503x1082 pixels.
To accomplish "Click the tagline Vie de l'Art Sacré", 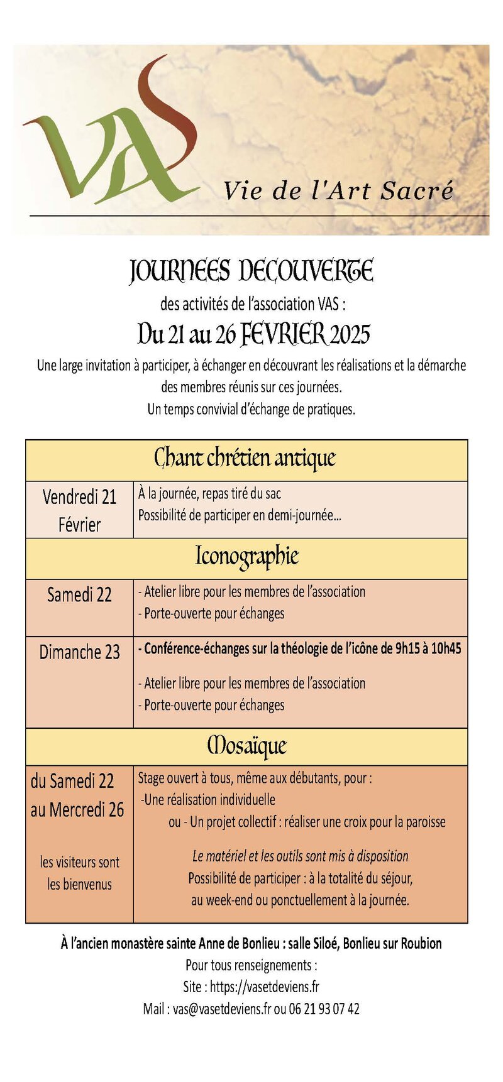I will (x=338, y=190).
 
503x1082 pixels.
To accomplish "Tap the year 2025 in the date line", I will (x=350, y=334).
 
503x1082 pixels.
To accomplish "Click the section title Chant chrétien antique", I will (x=245, y=459).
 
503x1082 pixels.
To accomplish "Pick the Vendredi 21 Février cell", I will (x=79, y=510).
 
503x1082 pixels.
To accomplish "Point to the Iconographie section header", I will (x=246, y=557).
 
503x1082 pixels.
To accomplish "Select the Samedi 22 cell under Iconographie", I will (x=79, y=594).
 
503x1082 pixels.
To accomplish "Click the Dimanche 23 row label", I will (x=79, y=652).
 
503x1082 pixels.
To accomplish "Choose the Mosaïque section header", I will (x=246, y=746).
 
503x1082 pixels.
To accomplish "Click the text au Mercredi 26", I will (x=77, y=810).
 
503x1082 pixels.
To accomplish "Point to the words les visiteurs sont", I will (x=79, y=862).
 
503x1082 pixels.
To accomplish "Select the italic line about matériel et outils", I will (x=300, y=856).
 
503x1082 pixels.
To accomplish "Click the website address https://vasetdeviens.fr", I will (x=264, y=986).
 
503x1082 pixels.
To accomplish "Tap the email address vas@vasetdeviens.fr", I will (x=222, y=1008).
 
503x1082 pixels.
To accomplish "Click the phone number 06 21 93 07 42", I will (x=324, y=1008).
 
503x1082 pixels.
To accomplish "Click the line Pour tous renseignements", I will (x=251, y=965).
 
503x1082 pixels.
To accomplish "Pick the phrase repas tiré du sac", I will (x=241, y=494).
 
